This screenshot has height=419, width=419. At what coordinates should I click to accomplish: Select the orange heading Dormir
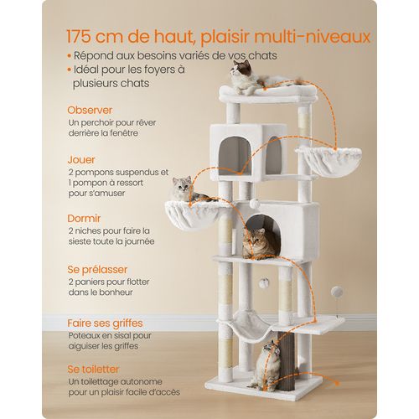tap(85, 220)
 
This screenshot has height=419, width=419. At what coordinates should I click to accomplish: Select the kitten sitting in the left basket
tap(183, 190)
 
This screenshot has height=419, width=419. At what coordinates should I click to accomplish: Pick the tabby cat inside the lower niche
tap(261, 243)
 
